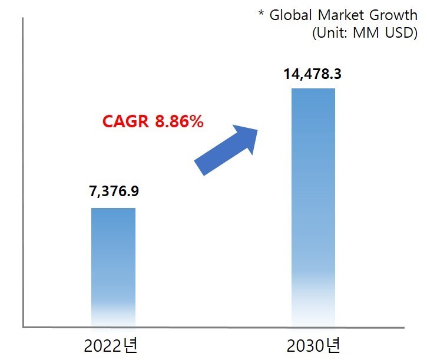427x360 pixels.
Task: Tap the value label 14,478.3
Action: pyautogui.click(x=313, y=75)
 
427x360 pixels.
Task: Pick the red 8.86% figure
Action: pyautogui.click(x=179, y=122)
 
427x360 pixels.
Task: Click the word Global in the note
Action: pyautogui.click(x=289, y=15)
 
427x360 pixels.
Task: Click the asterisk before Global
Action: pyautogui.click(x=262, y=13)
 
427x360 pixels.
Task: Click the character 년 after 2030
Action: pyautogui.click(x=333, y=344)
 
